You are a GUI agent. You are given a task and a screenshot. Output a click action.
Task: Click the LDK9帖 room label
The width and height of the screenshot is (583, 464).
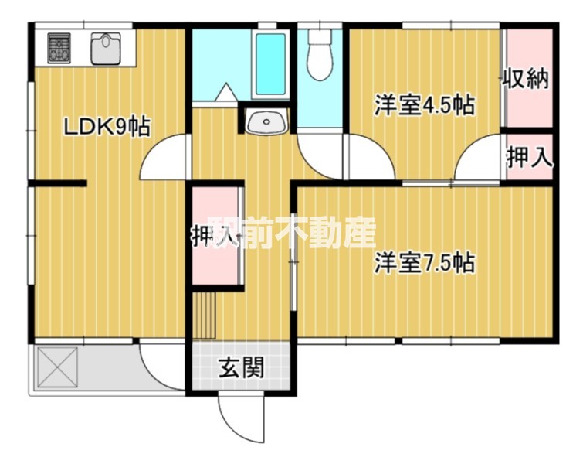point(106,125)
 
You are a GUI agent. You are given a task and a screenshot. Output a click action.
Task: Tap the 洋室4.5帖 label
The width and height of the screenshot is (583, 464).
point(424,106)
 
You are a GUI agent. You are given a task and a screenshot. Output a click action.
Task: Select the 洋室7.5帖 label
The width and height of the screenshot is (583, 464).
point(424,263)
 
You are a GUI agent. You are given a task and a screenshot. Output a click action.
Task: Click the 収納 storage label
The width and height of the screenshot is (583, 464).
point(527,79)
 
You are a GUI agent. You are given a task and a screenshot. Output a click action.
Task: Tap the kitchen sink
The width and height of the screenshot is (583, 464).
point(105,48)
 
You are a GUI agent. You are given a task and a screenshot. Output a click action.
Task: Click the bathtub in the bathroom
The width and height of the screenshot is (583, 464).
point(269,66)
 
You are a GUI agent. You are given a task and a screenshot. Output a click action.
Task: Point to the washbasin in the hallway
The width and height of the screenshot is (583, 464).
point(266,121)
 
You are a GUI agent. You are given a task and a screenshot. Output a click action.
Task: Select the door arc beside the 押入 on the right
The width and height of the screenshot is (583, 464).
point(479,159)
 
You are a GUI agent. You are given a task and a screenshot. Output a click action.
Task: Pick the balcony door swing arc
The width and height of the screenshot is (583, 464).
point(158,367)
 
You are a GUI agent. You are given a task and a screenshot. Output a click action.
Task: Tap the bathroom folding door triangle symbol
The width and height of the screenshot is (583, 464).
point(227,94)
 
